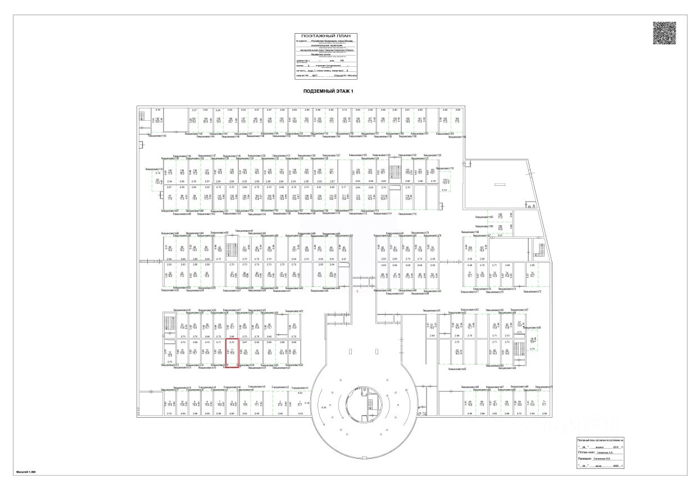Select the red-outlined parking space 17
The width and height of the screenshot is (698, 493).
233,353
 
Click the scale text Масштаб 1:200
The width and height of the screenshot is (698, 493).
26,473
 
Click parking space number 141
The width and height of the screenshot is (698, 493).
158,179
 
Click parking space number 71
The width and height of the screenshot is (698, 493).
544,402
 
